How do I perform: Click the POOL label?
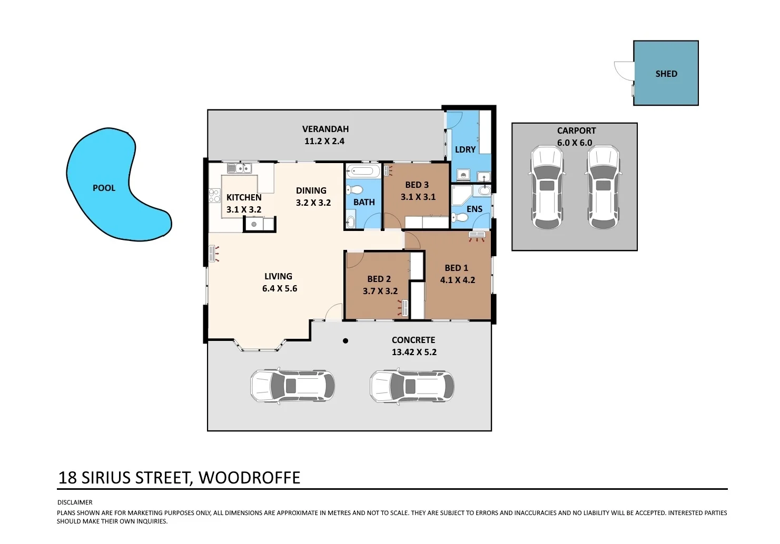(x=104, y=188)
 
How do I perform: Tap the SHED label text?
(x=666, y=74)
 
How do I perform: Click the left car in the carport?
(x=547, y=187)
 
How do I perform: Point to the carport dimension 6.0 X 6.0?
(x=575, y=143)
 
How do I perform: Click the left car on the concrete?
(x=292, y=386)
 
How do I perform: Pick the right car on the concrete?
(x=412, y=386)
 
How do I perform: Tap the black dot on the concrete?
(x=345, y=341)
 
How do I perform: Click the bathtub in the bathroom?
(x=363, y=171)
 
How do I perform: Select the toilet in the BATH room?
(x=356, y=189)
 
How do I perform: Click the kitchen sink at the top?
(x=240, y=168)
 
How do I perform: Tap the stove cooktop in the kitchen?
(x=214, y=196)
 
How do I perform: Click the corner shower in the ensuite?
(x=461, y=196)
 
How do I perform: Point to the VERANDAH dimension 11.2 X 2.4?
(x=324, y=141)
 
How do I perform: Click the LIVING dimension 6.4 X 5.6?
(x=280, y=288)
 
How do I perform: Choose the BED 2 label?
(x=379, y=279)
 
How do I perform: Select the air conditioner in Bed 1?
(x=477, y=235)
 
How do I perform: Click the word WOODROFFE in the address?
(x=249, y=478)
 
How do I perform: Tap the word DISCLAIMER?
(x=75, y=502)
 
